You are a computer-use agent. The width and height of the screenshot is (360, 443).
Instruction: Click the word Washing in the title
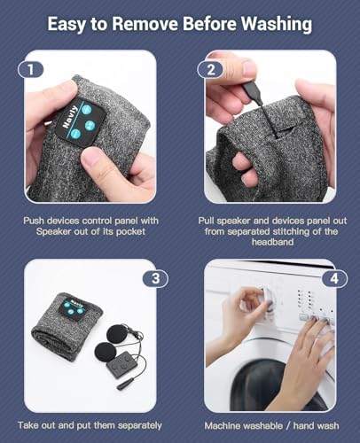click(x=276, y=24)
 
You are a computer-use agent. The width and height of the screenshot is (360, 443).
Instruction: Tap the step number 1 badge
click(x=31, y=70)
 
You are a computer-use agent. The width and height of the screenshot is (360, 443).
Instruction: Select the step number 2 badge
click(x=210, y=70)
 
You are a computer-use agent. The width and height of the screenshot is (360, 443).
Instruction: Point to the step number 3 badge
click(x=155, y=278)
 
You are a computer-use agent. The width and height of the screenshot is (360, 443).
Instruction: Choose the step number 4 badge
click(x=334, y=278)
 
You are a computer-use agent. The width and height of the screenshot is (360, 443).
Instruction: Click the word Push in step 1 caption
click(x=34, y=221)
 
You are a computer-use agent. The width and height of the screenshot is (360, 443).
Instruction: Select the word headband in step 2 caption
click(x=272, y=242)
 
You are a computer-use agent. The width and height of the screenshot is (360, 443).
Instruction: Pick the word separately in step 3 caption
click(x=139, y=425)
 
